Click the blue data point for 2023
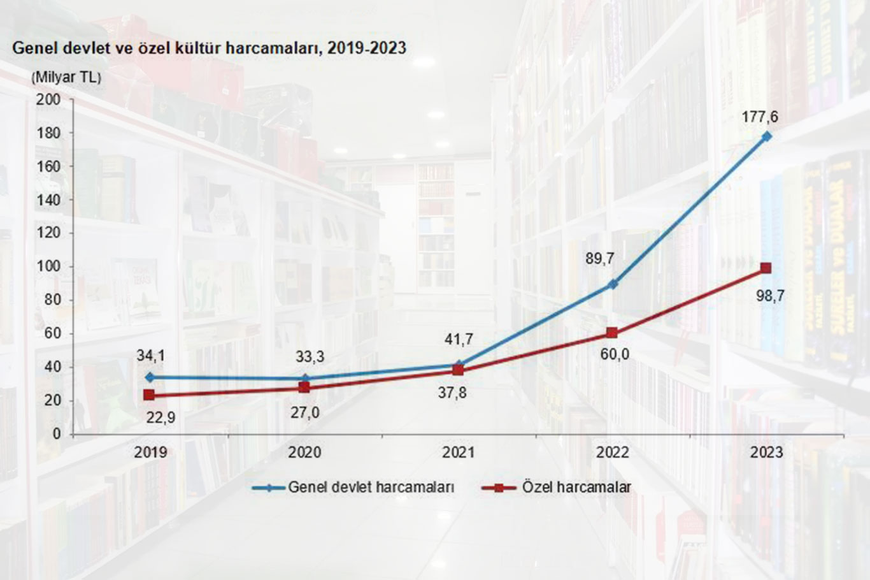coord(766,136)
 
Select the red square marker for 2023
coord(766,268)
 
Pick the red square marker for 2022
coord(612,333)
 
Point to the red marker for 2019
coord(149,395)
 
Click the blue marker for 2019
coord(149,377)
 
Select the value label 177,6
coord(760,117)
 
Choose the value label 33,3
coord(310,357)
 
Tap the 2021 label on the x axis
coord(459,452)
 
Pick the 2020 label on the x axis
coord(304,452)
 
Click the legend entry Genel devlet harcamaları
coord(371,488)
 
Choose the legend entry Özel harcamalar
coord(576,488)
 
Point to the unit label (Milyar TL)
coord(66,78)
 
